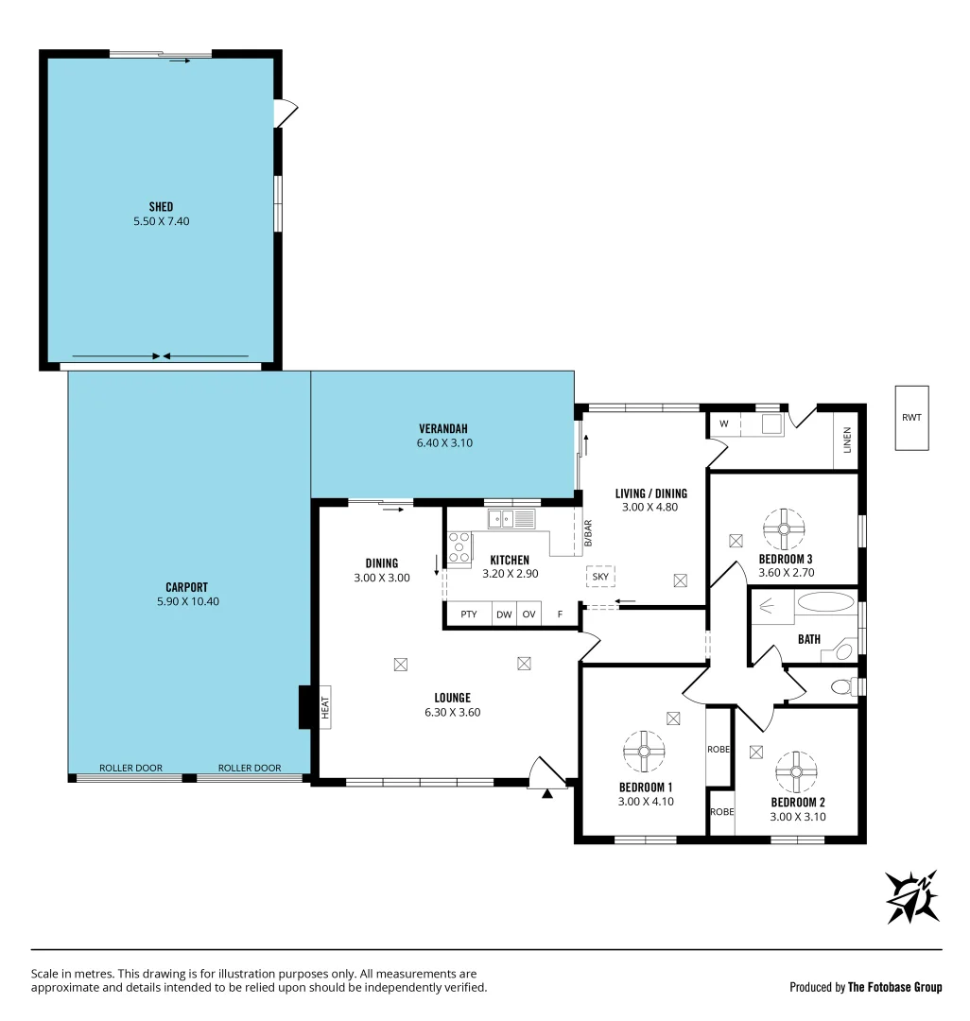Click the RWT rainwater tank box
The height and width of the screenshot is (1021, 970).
pos(912,417)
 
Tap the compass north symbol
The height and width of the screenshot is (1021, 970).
pos(912,896)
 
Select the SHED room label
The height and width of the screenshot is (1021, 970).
pos(161,207)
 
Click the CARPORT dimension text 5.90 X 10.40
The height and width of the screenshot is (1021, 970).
pos(186,601)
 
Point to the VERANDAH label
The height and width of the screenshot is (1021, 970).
pos(443,428)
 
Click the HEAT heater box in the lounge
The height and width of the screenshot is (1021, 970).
pos(324,707)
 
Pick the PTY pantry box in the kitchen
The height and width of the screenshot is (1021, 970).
pos(468,614)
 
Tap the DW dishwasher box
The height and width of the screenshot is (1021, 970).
pos(504,614)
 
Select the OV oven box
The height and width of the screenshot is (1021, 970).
pos(529,614)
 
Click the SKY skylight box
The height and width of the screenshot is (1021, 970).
pos(599,576)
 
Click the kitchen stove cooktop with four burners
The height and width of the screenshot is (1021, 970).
pos(459,548)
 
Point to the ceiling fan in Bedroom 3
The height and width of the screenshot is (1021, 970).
pos(784,528)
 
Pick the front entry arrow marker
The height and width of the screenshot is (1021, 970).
pos(546,794)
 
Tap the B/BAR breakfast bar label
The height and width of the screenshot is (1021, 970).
pos(587,534)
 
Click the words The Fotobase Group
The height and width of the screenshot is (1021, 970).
pos(894,987)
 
